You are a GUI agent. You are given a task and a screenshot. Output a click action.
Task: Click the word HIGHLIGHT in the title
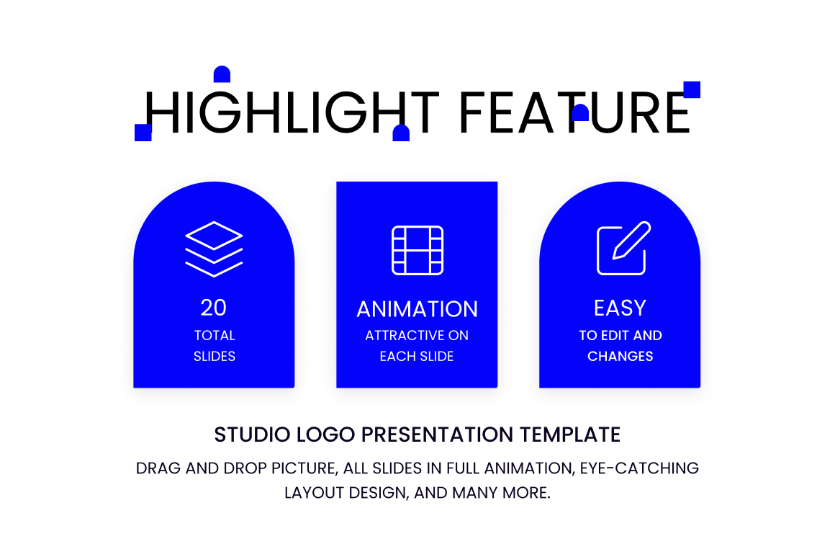[292, 112]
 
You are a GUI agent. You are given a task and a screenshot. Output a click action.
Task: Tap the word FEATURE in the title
[575, 112]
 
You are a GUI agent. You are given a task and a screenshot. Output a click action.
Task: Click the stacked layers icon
[214, 249]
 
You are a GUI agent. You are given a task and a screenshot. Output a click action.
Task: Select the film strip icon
[417, 250]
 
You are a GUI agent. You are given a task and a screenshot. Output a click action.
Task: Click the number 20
[214, 308]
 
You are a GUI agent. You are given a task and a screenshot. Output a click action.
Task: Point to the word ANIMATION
[417, 309]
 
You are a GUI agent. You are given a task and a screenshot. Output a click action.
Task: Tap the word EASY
[620, 308]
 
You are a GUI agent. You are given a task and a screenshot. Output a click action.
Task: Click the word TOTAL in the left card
[215, 335]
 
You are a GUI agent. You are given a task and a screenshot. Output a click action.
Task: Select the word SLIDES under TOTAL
[215, 356]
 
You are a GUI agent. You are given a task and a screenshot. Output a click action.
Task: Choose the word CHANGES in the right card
[620, 356]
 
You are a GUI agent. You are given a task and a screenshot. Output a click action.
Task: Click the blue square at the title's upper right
[692, 89]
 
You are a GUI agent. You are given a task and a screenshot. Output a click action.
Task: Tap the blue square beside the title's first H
[143, 133]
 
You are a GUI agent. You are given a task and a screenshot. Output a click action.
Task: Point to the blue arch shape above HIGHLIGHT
[222, 74]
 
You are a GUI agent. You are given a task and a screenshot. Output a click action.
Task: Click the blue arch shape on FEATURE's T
[580, 112]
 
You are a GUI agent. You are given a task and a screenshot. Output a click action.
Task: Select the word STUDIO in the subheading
[253, 435]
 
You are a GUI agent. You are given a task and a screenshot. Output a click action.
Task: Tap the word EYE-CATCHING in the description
[639, 468]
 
